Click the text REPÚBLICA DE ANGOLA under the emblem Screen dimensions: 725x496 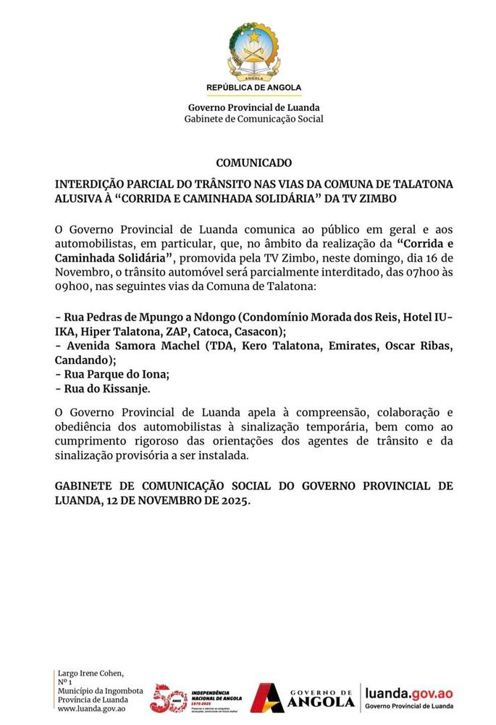253,88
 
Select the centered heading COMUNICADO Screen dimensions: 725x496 253,163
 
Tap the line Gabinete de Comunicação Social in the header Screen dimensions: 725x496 253,119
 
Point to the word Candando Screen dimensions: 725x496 81,360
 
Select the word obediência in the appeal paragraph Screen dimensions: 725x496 86,428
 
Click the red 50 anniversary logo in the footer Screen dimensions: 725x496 168,697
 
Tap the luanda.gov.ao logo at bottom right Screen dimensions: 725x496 409,697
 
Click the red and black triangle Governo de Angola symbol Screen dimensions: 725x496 267,697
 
